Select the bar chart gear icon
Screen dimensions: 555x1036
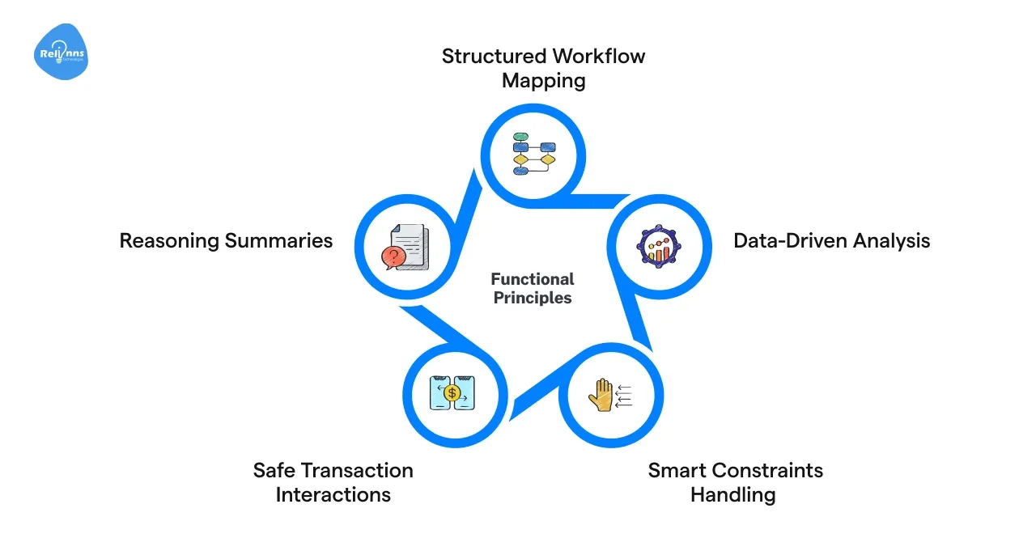click(660, 243)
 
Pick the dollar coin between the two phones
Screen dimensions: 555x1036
click(452, 393)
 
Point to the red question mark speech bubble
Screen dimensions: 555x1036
click(393, 257)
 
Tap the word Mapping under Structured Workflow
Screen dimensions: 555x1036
click(543, 81)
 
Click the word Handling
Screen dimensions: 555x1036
click(732, 494)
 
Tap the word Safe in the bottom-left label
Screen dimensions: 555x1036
click(274, 470)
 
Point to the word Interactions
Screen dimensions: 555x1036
click(333, 494)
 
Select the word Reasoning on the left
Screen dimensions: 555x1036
click(169, 240)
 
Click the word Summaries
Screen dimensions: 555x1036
click(278, 240)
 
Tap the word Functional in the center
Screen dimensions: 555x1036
click(532, 279)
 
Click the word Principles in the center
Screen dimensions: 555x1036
click(532, 298)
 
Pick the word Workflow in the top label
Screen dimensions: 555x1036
click(599, 57)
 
